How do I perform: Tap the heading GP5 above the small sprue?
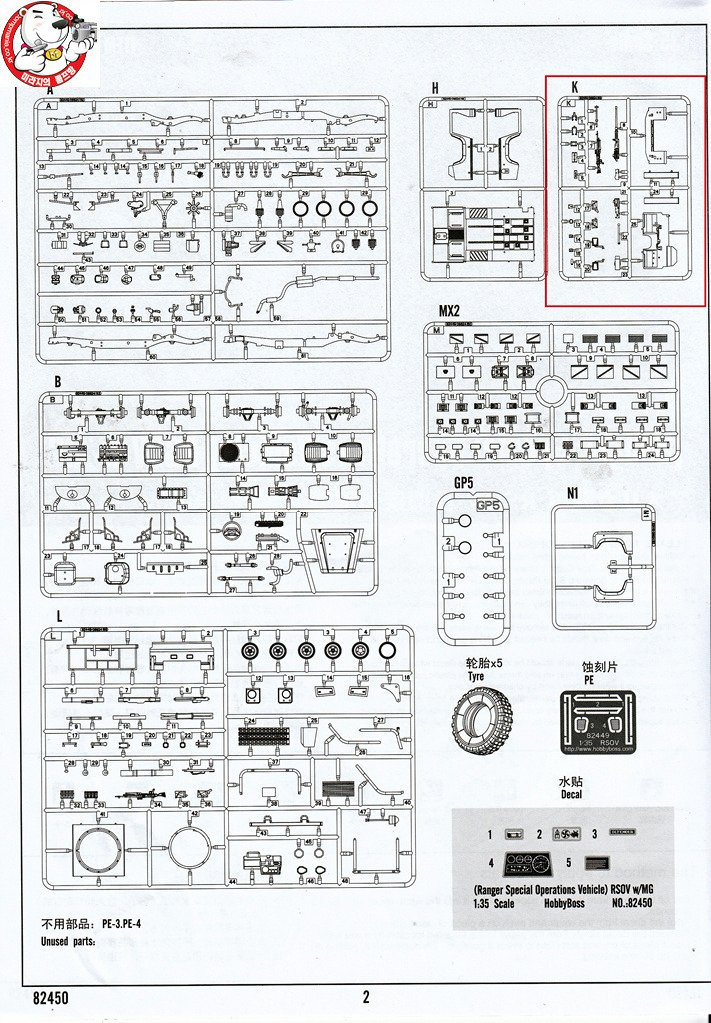pos(462,483)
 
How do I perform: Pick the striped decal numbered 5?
pos(599,863)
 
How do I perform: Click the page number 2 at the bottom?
pos(366,996)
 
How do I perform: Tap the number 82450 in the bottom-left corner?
pos(51,997)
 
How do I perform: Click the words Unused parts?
pos(69,941)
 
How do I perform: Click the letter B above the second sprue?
pos(58,381)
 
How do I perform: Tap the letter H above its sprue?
pos(435,88)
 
